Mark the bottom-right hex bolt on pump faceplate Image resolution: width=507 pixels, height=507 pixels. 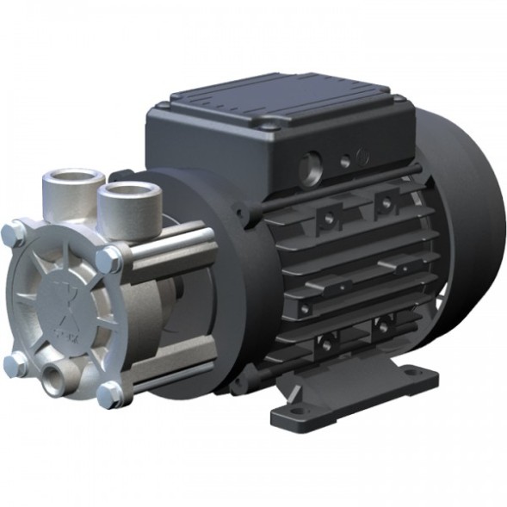[x=109, y=394]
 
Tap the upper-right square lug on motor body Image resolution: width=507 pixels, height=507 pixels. [x=385, y=203]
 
